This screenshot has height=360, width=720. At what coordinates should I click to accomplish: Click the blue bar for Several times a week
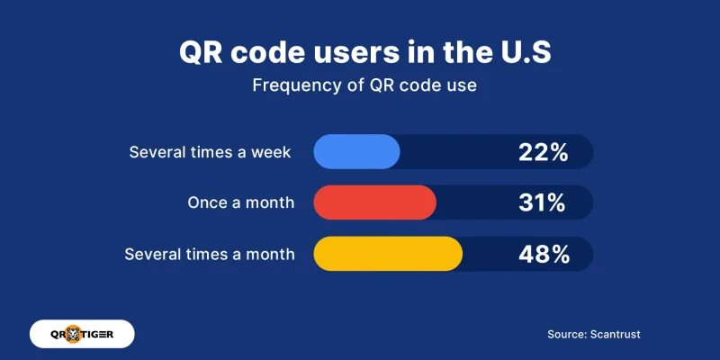[356, 151]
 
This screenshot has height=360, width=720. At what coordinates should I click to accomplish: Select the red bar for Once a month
[374, 202]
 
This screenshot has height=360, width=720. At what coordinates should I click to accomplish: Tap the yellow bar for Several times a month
[388, 254]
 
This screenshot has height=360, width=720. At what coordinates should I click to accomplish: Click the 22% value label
[543, 152]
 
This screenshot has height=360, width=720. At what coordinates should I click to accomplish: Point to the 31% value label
[543, 202]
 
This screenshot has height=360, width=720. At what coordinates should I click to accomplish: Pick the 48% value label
[544, 254]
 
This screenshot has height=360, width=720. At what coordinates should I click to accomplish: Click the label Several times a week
[210, 152]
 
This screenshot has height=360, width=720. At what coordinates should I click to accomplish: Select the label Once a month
[240, 202]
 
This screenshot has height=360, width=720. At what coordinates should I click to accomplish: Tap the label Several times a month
[210, 254]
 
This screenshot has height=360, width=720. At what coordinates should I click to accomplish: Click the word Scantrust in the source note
[616, 334]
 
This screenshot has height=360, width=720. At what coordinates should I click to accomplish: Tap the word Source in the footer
[567, 334]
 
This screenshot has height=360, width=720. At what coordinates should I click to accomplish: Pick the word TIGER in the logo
[106, 334]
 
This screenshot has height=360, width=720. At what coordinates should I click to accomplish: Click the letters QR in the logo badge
[55, 334]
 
